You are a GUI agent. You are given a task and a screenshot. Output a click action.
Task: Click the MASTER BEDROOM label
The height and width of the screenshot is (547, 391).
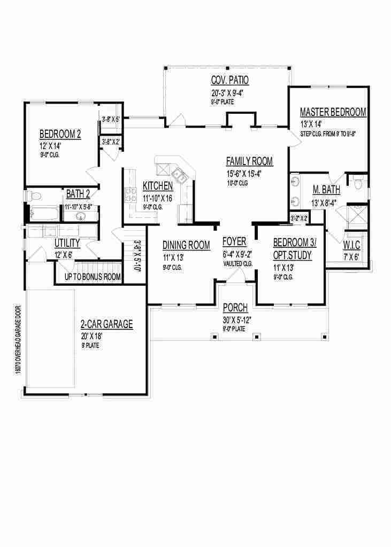click(x=333, y=112)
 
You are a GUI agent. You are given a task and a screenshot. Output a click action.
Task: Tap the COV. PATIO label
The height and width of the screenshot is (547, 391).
click(x=229, y=81)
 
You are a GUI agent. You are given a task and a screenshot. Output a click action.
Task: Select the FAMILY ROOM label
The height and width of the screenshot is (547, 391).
click(x=249, y=161)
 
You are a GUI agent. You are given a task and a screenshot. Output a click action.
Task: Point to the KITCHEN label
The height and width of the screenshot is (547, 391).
click(x=158, y=186)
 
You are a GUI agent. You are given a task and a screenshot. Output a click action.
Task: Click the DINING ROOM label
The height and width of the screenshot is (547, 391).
click(x=186, y=245)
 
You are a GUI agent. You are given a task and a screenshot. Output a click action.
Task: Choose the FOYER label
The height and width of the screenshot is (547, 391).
click(x=234, y=242)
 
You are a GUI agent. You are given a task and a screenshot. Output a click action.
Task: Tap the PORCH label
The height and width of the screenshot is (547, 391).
click(x=235, y=307)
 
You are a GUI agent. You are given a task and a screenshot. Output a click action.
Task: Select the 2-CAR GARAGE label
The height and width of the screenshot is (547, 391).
click(x=106, y=324)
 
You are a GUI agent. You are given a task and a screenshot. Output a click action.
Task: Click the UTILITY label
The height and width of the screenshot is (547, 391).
click(x=67, y=244)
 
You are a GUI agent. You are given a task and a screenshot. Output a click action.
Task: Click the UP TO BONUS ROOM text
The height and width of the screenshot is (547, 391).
click(x=92, y=277)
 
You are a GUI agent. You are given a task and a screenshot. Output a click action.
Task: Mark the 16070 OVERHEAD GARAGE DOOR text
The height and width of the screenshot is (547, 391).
click(x=18, y=347)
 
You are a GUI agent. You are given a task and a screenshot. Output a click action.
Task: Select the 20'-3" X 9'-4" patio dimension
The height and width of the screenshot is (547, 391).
click(x=229, y=92)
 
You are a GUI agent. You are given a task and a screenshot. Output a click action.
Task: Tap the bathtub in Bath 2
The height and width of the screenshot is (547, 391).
click(x=45, y=214)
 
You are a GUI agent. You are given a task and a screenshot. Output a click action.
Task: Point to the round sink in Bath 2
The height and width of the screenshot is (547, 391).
click(x=81, y=216)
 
